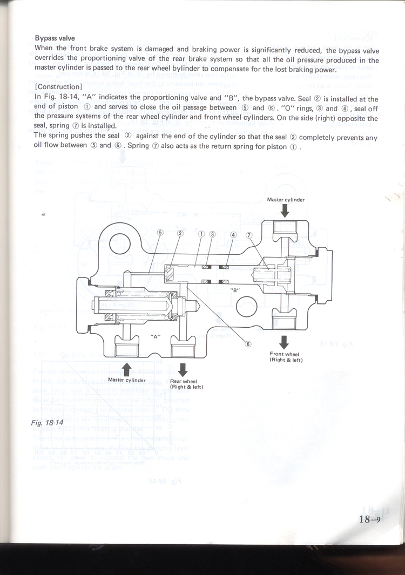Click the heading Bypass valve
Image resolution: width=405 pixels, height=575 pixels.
pos(55,38)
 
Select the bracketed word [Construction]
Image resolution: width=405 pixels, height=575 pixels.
pos(58,86)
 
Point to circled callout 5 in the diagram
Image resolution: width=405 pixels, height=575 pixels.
pos(160,234)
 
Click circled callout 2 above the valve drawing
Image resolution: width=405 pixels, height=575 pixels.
pos(180,234)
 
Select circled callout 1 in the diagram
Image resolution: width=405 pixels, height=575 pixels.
pos(201,234)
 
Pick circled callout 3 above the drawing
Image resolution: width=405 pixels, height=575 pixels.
pos(213,234)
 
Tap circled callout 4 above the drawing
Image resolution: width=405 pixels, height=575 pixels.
pos(233,235)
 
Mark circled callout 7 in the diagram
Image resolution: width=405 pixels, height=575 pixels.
pos(249,235)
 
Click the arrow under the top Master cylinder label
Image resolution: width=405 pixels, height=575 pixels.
pos(285,212)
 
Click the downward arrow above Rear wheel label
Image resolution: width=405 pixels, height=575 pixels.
pos(183,370)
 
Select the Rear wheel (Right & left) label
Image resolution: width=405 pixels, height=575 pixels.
pos(185,384)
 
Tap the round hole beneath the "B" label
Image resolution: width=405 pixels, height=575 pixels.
pos(246,308)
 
